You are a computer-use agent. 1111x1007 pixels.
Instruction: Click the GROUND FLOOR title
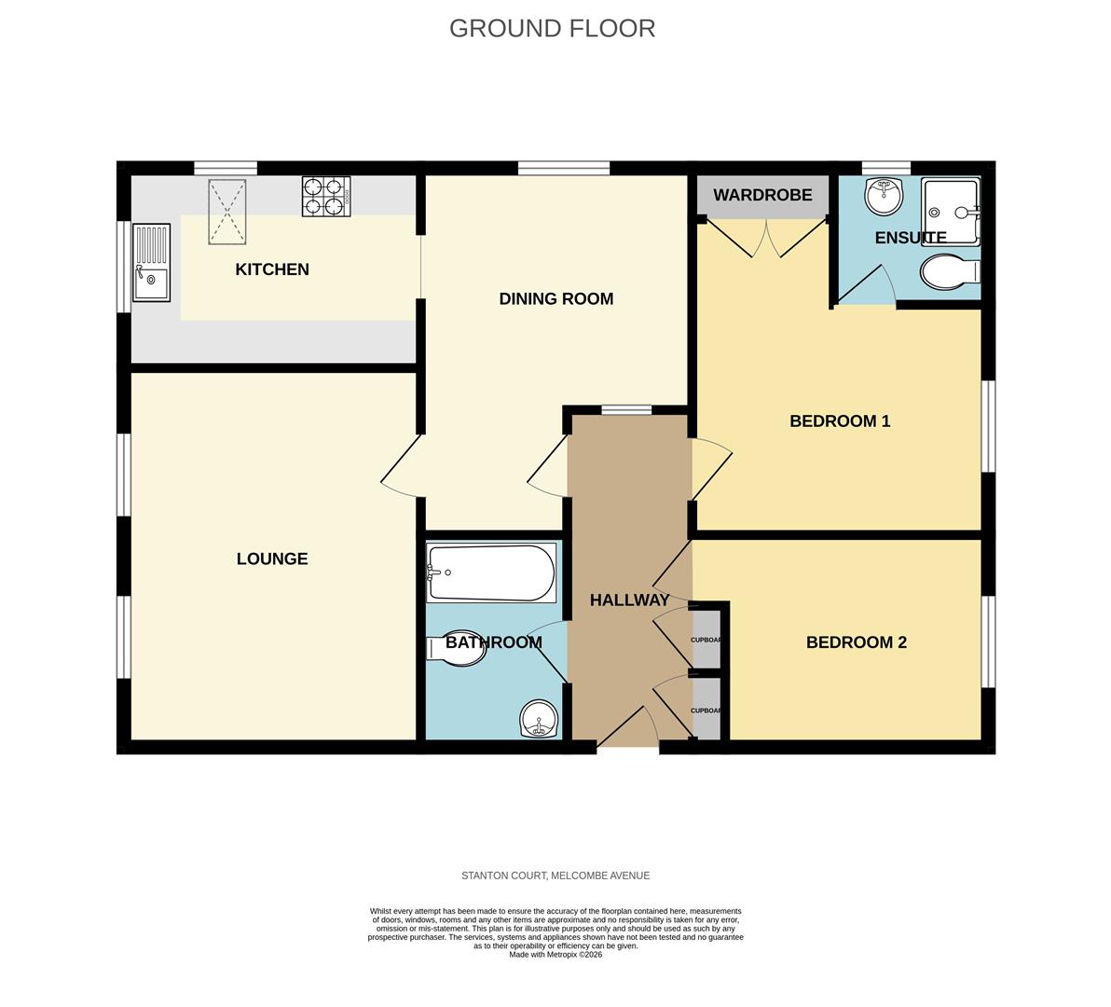click(552, 28)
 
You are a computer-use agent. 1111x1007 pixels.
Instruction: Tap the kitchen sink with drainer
click(151, 262)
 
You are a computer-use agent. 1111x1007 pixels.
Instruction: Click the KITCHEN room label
click(271, 269)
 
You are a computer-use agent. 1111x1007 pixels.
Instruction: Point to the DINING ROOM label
click(555, 299)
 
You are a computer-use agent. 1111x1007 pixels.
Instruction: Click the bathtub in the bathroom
click(491, 572)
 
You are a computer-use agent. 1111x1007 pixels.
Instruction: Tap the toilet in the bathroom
click(457, 650)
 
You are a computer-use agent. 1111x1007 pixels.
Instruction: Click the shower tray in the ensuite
click(950, 210)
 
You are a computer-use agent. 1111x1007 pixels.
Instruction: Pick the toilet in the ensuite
click(949, 272)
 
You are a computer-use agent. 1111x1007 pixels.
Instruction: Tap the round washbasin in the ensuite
click(883, 196)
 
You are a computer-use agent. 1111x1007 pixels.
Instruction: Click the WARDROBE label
click(762, 196)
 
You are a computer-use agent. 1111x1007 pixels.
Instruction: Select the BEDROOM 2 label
click(856, 642)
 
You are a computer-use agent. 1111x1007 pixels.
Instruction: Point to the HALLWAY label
click(629, 600)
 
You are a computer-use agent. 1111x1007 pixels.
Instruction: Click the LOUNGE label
click(271, 559)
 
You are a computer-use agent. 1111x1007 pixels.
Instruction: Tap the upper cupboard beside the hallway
click(706, 640)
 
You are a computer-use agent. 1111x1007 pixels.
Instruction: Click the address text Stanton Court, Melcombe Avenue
click(555, 876)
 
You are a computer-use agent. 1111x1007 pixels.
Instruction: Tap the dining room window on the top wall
click(563, 168)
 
